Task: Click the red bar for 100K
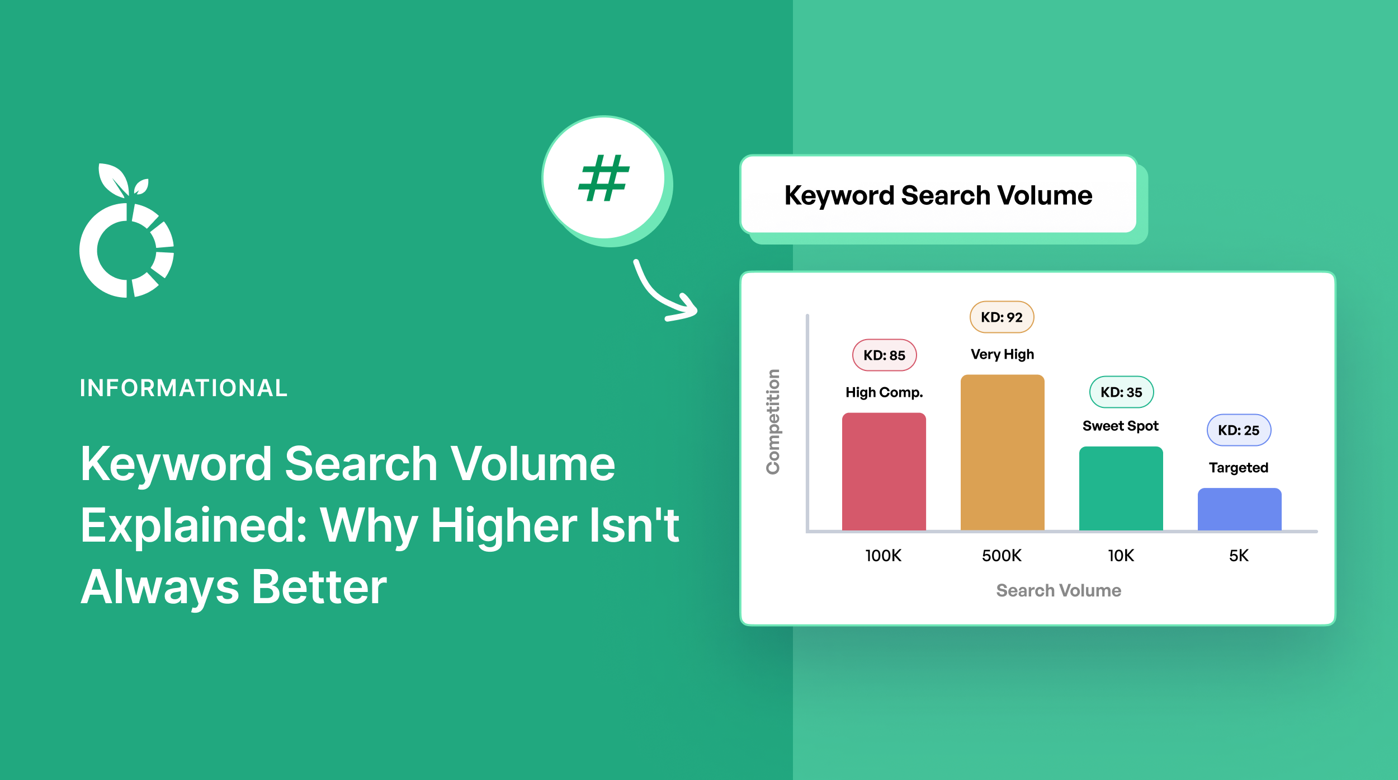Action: (x=884, y=471)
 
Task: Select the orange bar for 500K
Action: (x=1002, y=452)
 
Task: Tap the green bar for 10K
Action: (x=1121, y=488)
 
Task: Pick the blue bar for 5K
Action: (x=1239, y=509)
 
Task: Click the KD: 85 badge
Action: (x=884, y=355)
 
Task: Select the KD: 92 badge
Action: (x=1002, y=317)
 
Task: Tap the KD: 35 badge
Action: (x=1121, y=392)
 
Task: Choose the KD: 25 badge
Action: (x=1239, y=430)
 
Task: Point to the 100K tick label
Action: (x=883, y=556)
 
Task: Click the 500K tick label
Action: (x=1002, y=556)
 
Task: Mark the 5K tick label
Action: (x=1239, y=556)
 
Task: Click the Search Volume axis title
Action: (x=1059, y=590)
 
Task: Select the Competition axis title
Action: (x=773, y=422)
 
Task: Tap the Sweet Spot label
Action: (x=1120, y=426)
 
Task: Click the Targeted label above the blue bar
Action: (x=1238, y=468)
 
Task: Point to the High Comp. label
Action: (x=884, y=392)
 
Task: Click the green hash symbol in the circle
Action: (x=604, y=178)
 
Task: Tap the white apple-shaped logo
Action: (x=127, y=235)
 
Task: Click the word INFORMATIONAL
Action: (x=183, y=388)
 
